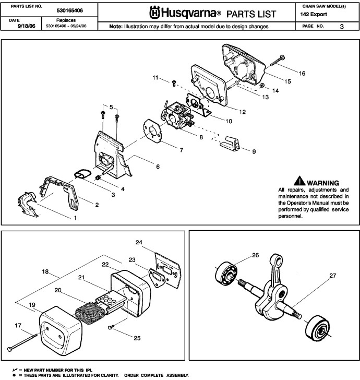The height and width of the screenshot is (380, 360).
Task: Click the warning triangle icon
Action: tap(299, 182)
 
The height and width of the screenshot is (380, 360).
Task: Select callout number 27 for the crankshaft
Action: tap(332, 275)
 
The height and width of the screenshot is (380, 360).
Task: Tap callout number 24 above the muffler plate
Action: tap(139, 242)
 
